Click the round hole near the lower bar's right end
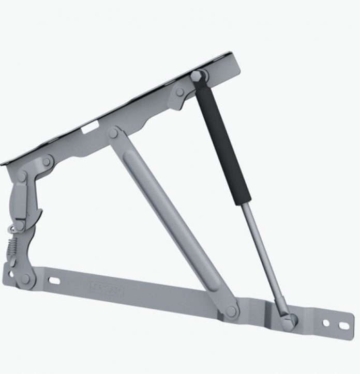[x=326, y=323]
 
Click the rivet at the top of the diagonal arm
[x=113, y=133]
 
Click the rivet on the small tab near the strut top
[x=179, y=92]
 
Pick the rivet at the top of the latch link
[x=22, y=177]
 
